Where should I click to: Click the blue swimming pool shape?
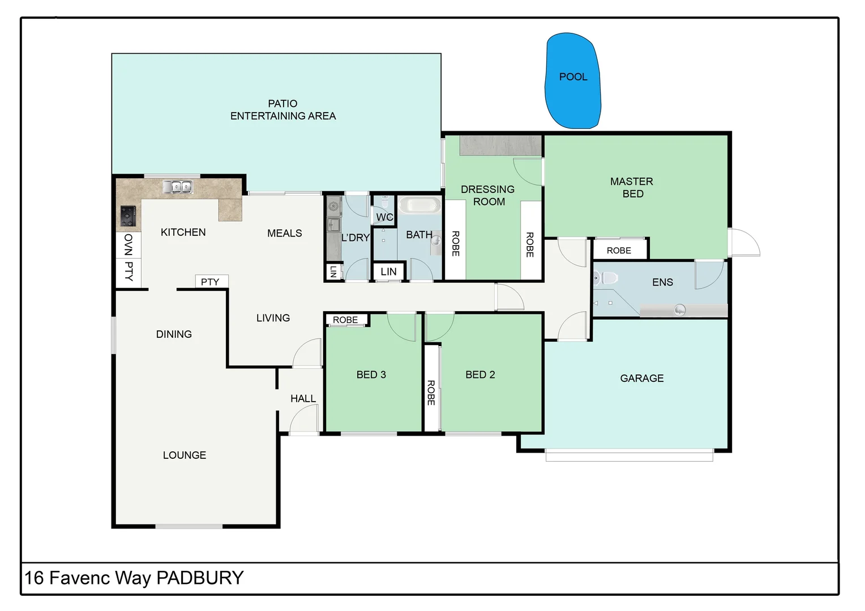coord(572,80)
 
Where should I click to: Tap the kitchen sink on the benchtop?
coord(177,186)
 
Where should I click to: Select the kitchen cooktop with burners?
coord(129,216)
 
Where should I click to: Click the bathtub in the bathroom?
coord(419,204)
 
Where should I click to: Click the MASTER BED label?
coord(632,187)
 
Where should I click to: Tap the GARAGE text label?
coord(641,378)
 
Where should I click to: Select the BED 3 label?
coord(371,375)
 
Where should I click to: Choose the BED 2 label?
coord(480,375)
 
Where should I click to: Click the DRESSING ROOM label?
coord(487,195)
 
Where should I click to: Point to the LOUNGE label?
coord(184,455)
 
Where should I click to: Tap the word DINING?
coord(174,334)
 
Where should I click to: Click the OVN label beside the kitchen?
coord(129,244)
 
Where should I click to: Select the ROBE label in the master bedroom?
coord(619,250)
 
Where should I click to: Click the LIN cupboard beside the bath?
coord(388,272)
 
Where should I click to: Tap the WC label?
coord(384,217)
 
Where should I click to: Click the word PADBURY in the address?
coord(200,578)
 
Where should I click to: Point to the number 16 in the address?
coord(34,578)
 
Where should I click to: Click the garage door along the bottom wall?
coord(629,455)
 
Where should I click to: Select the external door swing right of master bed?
coord(744,243)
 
